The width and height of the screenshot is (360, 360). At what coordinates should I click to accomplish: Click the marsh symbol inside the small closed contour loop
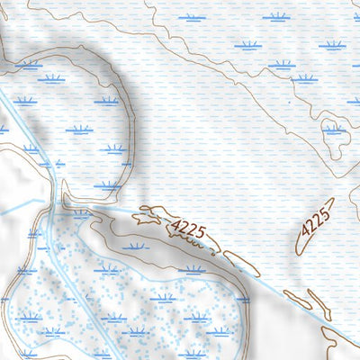334,130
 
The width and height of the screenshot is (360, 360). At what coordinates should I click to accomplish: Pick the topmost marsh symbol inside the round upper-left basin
51,79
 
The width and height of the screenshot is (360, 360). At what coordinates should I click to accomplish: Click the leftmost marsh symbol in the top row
191,17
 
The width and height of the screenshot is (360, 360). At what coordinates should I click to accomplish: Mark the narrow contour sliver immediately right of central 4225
241,262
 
